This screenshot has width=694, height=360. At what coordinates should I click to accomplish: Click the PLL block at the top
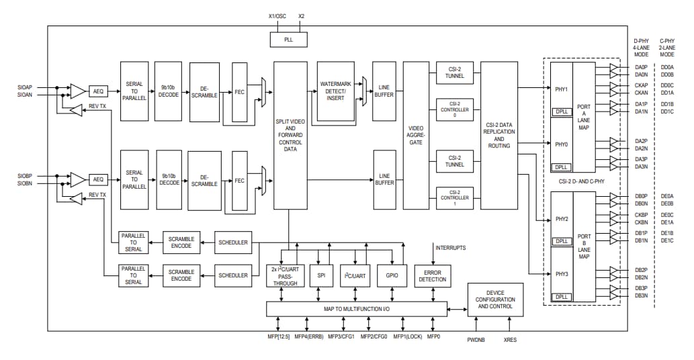(288, 40)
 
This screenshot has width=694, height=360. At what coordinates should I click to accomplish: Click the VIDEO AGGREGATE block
(416, 134)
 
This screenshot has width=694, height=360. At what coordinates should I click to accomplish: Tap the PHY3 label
(562, 274)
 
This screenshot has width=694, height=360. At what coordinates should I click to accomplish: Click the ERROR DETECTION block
(432, 275)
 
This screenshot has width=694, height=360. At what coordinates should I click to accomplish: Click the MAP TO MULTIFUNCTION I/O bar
(357, 308)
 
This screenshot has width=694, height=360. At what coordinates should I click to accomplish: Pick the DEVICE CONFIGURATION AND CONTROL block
(495, 300)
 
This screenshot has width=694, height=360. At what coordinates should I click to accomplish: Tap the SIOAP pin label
(25, 87)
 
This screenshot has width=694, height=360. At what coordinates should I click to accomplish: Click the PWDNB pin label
(476, 340)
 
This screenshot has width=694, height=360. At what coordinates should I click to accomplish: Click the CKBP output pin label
(641, 215)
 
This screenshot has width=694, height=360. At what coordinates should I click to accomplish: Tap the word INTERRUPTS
(451, 248)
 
